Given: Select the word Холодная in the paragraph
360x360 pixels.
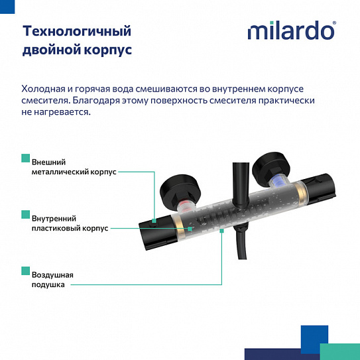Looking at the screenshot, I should (44, 89).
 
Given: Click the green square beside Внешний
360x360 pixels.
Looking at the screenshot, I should (26, 158).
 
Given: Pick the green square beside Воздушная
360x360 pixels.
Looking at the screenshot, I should (26, 270).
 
